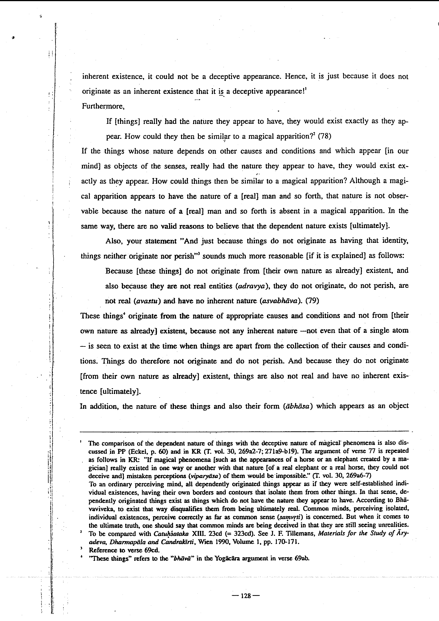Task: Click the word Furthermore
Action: [x=103, y=106]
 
